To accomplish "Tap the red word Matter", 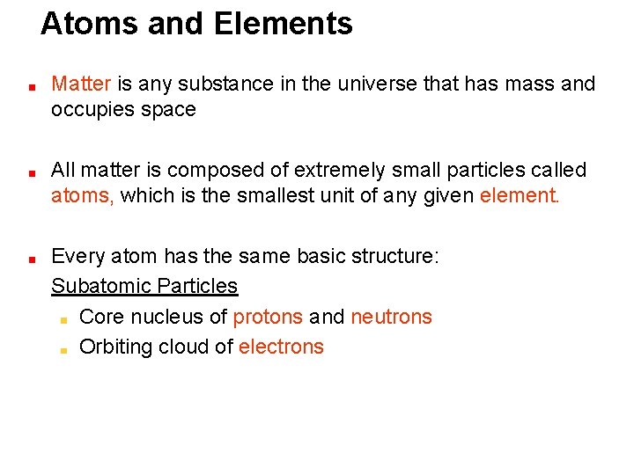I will pyautogui.click(x=81, y=84).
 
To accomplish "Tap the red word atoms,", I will pyautogui.click(x=82, y=195).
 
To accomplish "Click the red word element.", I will pyautogui.click(x=520, y=195).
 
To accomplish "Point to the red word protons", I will pyautogui.click(x=268, y=317).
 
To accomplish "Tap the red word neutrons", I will pyautogui.click(x=391, y=317).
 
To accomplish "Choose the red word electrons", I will pyautogui.click(x=281, y=347).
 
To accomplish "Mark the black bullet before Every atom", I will pyautogui.click(x=30, y=259).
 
